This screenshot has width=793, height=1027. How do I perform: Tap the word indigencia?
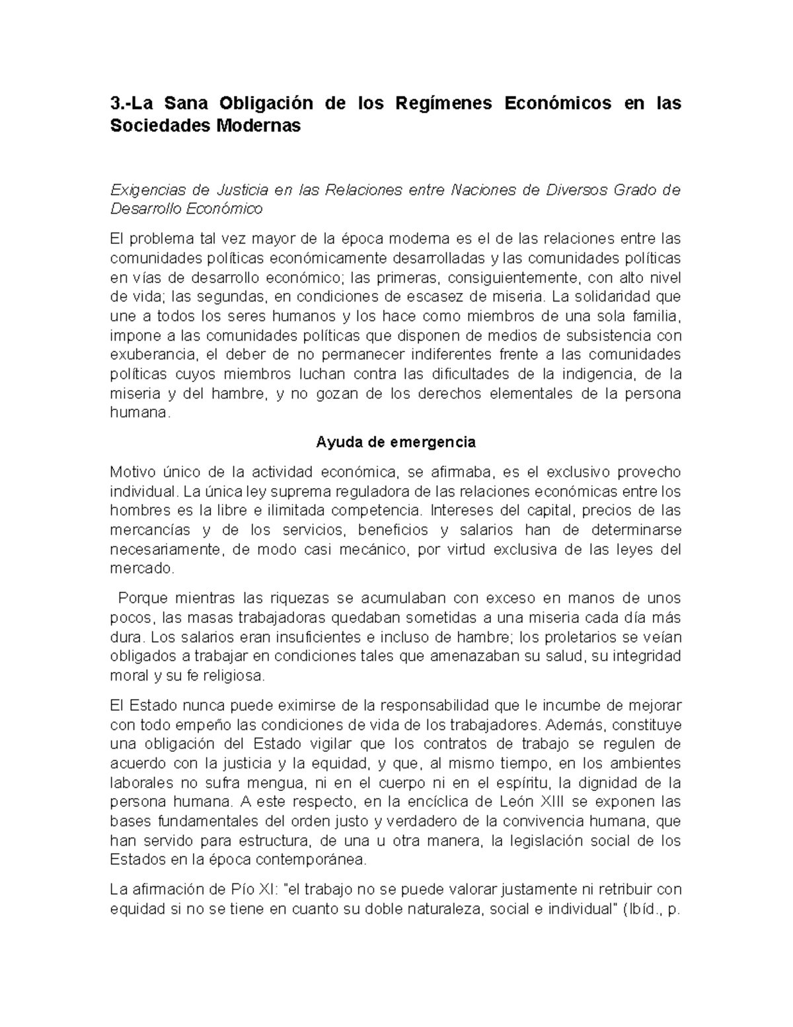pyautogui.click(x=597, y=374)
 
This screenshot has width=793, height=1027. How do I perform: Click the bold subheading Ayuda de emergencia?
pyautogui.click(x=396, y=441)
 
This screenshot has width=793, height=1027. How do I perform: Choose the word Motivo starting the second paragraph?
pyautogui.click(x=133, y=472)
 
